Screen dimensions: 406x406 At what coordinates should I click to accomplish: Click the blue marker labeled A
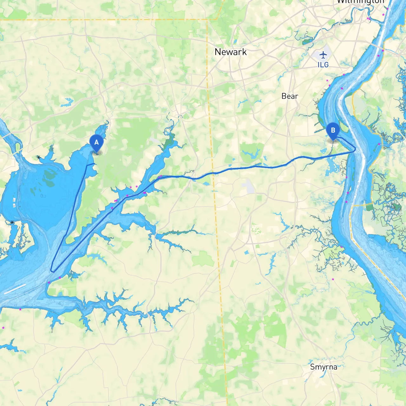coord(96,143)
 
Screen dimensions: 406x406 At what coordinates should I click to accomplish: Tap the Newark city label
coord(231,52)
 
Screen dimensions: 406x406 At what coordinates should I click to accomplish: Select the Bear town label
coord(290,96)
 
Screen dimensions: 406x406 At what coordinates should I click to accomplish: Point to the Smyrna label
coord(324,367)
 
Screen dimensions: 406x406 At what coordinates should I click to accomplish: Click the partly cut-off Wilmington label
coord(360,2)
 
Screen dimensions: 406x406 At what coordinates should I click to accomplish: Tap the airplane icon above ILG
coord(323,55)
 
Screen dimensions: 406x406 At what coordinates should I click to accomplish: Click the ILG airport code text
coord(323,65)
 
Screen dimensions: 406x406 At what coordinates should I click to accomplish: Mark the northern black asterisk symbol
coord(39,157)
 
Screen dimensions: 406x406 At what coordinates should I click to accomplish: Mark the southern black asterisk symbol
coord(12,223)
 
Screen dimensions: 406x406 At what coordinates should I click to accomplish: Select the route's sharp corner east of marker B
coord(355,149)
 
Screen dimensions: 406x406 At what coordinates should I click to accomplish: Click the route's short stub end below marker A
coord(94,164)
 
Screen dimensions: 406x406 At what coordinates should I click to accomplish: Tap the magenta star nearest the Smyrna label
coord(333,279)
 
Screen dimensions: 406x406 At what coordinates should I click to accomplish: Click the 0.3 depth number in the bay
coord(43,196)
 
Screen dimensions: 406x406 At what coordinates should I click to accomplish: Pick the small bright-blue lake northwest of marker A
coord(67,102)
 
